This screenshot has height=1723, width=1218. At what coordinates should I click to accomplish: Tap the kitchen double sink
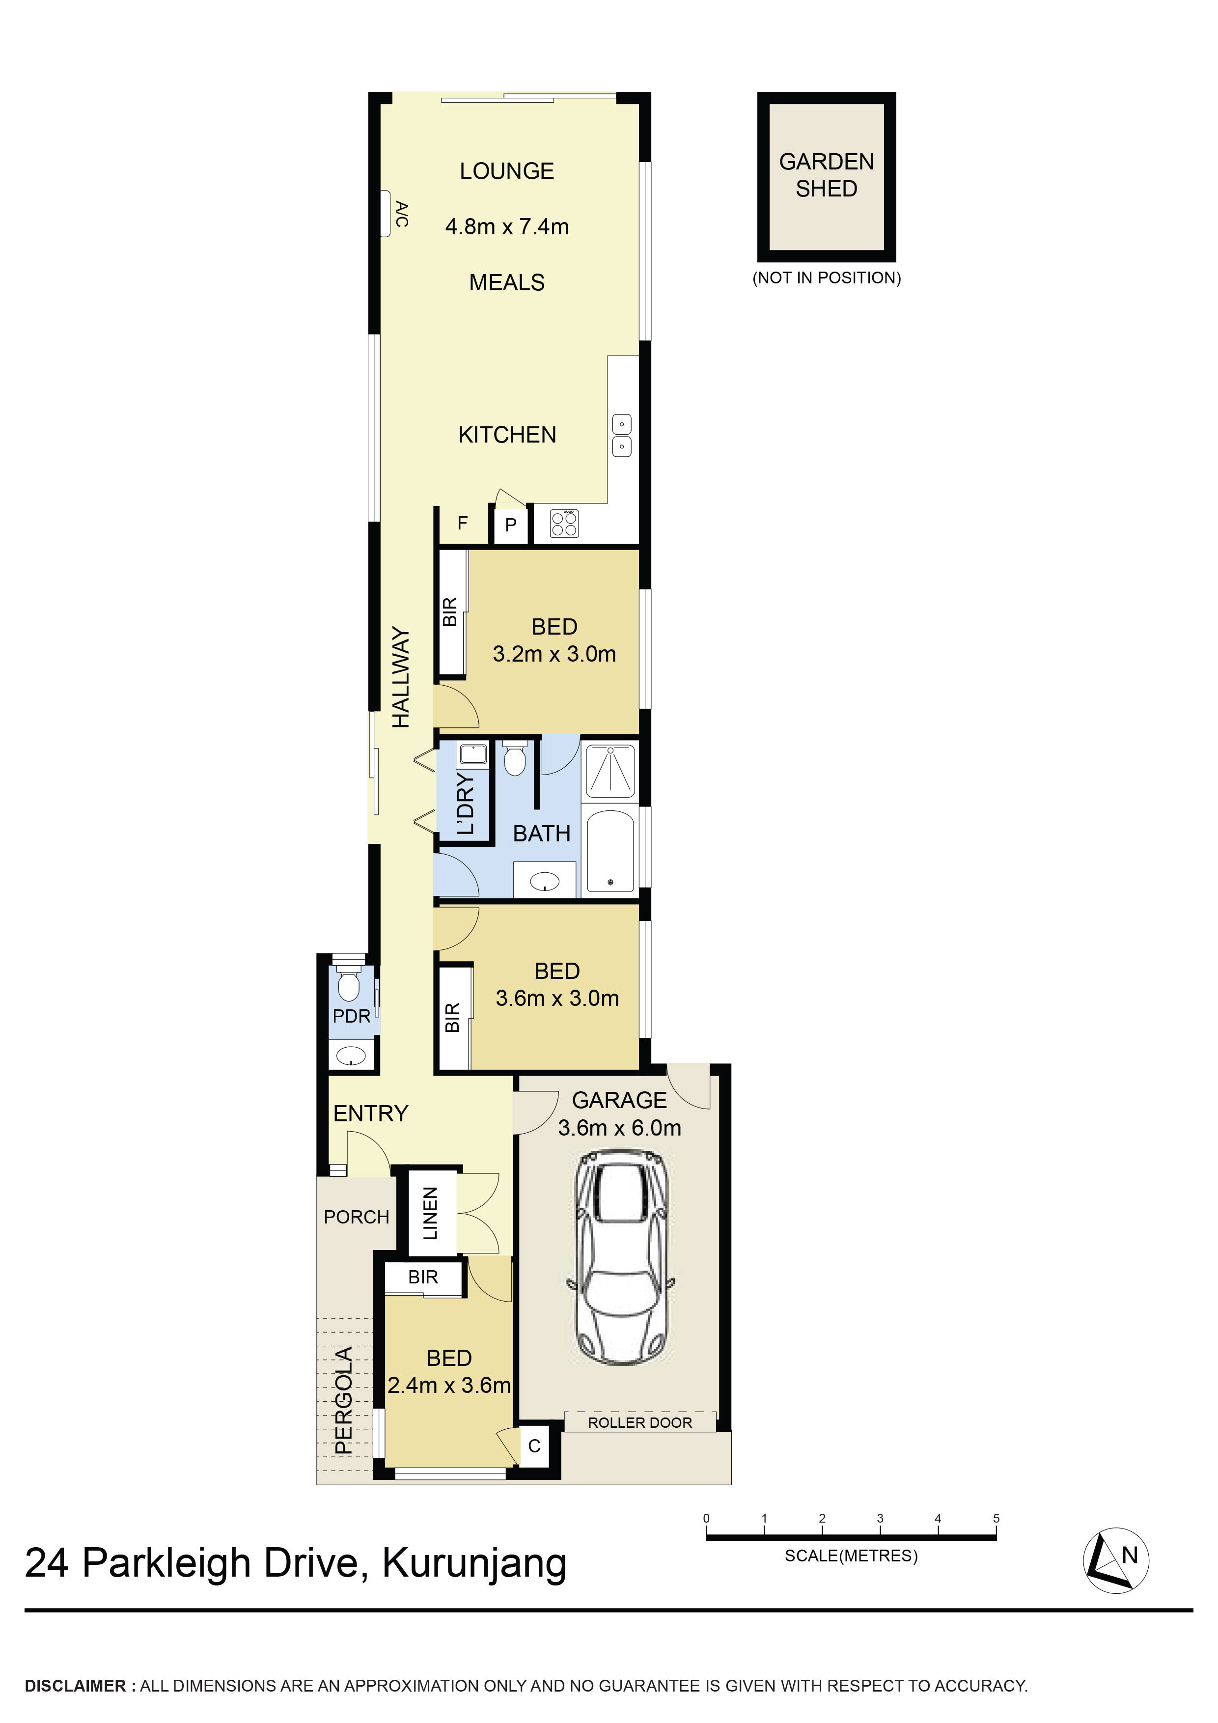pos(621,435)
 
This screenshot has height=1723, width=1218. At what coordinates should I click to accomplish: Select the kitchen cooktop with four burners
pos(564,523)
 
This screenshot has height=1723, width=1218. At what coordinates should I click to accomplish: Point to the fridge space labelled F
pos(462,523)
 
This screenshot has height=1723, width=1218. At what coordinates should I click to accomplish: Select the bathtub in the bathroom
pos(610,850)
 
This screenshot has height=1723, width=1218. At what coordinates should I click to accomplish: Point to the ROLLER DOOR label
pos(639,1423)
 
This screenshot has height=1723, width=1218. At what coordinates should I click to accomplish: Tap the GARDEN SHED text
pos(826,175)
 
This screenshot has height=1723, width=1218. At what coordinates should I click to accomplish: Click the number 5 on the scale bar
pos(996,1518)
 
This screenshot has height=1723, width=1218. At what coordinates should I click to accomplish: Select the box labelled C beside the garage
pos(534,1446)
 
